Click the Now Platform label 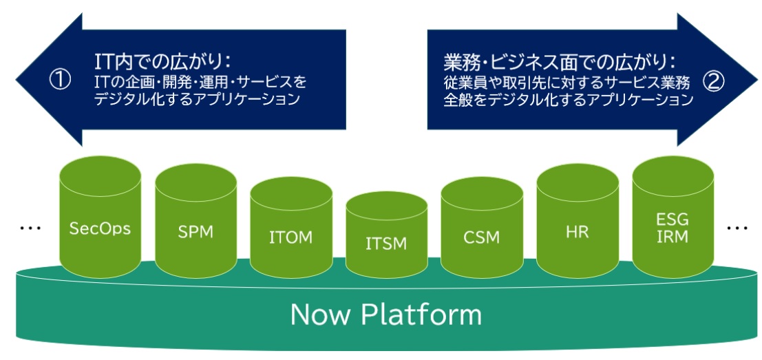click(386, 315)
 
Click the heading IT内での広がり click(162, 63)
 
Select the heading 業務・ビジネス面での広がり click(560, 63)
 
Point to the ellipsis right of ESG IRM click(738, 227)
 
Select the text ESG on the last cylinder click(673, 220)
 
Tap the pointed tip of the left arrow click(16, 80)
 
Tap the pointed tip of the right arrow click(757, 80)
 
